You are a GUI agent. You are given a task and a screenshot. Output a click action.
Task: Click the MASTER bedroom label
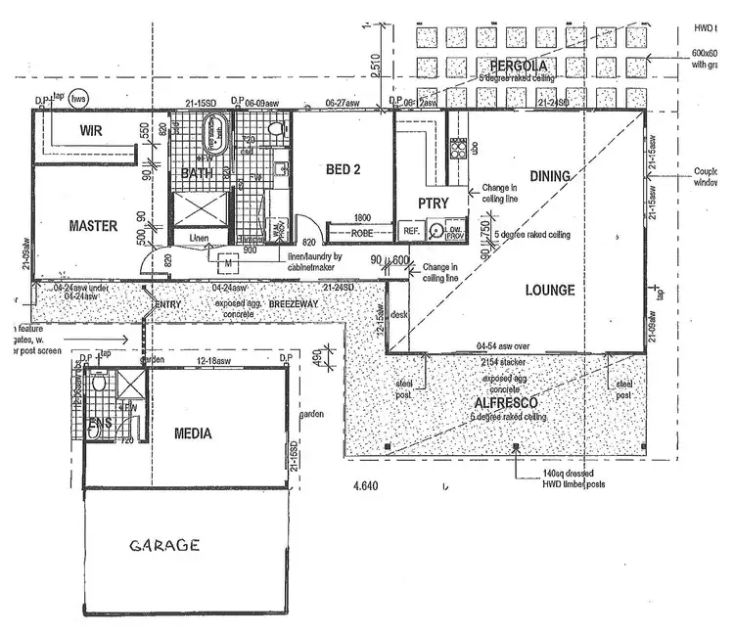[x=94, y=226]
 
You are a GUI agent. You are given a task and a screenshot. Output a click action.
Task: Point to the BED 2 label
[x=343, y=168]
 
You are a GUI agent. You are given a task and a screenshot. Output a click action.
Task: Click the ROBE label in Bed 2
[x=361, y=233]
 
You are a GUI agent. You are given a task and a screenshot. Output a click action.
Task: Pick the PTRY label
[x=432, y=204]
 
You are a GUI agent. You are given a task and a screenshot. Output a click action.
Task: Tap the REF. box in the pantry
[x=410, y=232]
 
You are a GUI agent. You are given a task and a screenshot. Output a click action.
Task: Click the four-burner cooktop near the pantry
[x=457, y=148]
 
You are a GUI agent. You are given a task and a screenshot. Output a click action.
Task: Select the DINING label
[x=551, y=176]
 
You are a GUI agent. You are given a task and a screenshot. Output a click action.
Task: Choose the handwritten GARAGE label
[x=165, y=545]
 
